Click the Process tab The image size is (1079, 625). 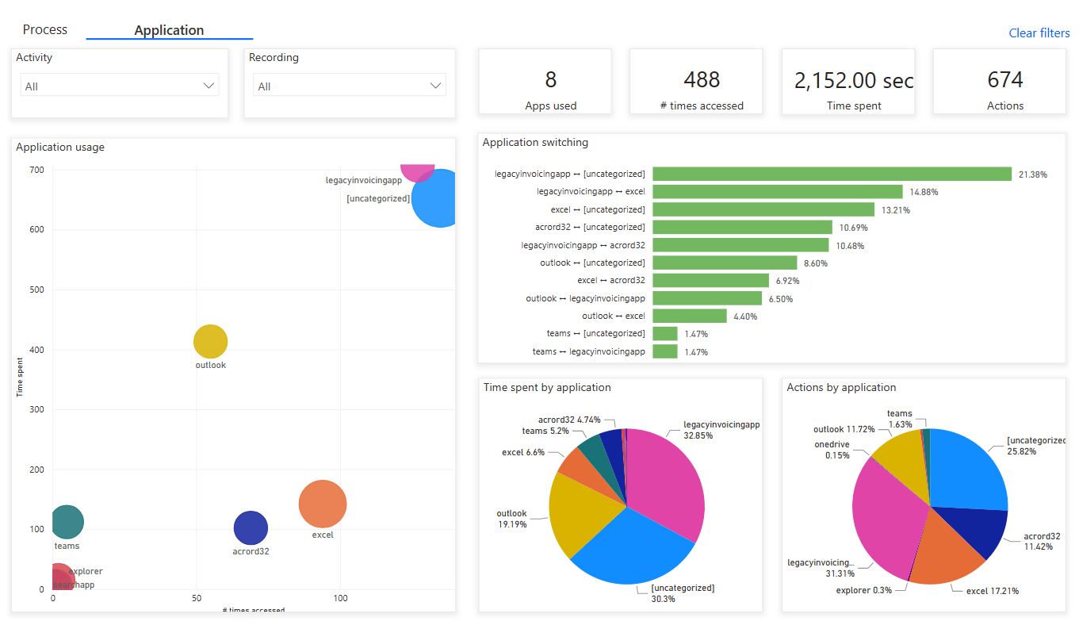point(45,29)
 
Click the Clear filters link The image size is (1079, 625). point(1039,33)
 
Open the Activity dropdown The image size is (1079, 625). point(120,86)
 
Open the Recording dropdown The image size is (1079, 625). point(350,86)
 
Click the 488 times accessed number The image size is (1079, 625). point(702,79)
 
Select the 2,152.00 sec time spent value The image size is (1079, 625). point(853,80)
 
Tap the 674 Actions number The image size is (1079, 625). point(1004,79)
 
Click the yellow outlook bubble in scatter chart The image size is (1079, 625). point(211,342)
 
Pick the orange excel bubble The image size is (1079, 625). point(323,504)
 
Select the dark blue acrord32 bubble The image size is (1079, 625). point(251,528)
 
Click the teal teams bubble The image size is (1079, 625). point(67,521)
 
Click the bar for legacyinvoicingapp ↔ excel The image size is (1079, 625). point(777,191)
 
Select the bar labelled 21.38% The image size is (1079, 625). point(832,174)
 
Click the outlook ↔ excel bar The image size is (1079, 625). point(689,316)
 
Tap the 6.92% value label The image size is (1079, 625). point(787,281)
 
